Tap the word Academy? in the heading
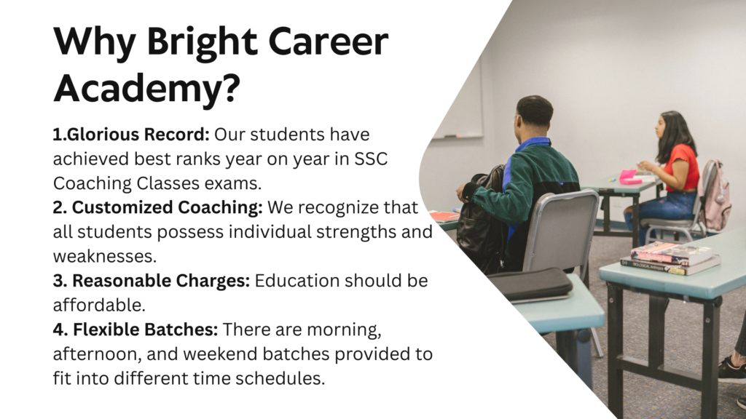tap(146, 89)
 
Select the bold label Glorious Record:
tap(131, 135)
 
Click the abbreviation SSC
tap(371, 159)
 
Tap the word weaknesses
tap(105, 257)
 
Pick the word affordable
tap(99, 305)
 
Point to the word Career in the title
tap(329, 41)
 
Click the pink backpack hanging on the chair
tap(715, 196)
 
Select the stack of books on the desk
tap(670, 258)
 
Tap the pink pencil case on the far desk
tap(629, 177)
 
